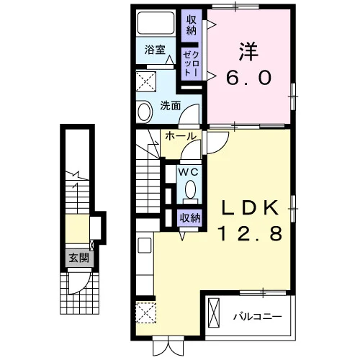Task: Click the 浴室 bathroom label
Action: click(155, 50)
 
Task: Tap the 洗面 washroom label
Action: click(171, 106)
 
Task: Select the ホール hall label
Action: click(181, 136)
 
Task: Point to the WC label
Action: click(189, 172)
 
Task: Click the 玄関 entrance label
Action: click(79, 258)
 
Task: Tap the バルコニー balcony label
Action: click(258, 317)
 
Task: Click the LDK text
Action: click(251, 208)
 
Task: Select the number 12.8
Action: click(251, 234)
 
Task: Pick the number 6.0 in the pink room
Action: click(249, 78)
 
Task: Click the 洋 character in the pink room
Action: click(249, 51)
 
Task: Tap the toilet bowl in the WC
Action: click(191, 189)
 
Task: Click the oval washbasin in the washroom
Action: click(145, 112)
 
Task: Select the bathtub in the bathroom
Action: click(156, 23)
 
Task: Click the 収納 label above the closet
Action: click(192, 25)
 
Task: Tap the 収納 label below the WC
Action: click(190, 218)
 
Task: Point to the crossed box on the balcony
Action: click(214, 312)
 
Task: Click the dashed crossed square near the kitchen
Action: click(146, 312)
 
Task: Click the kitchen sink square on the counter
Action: click(145, 245)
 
